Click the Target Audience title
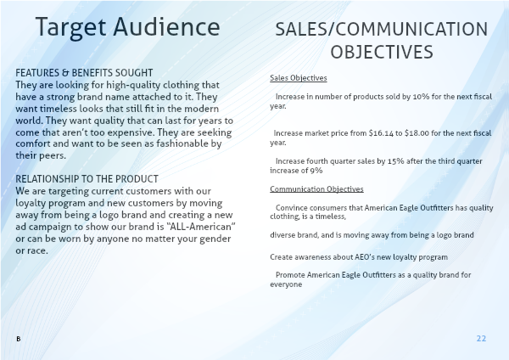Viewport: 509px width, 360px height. pos(127,28)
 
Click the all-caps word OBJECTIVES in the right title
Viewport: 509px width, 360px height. pos(382,52)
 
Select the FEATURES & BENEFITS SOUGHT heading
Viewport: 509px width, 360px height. pos(84,73)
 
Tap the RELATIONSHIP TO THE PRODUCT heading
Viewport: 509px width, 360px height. pos(87,179)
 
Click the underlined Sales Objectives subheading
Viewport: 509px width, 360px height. pos(299,78)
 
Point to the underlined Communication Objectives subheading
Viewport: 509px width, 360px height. pos(316,189)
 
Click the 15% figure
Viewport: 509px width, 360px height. pos(395,161)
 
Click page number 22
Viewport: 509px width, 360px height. pos(481,339)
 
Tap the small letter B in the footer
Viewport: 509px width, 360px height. pos(18,339)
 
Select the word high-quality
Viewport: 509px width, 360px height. pos(133,85)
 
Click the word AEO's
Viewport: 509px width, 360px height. pos(365,257)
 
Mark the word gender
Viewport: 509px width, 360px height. pos(215,239)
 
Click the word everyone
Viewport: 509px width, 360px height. pos(286,284)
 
